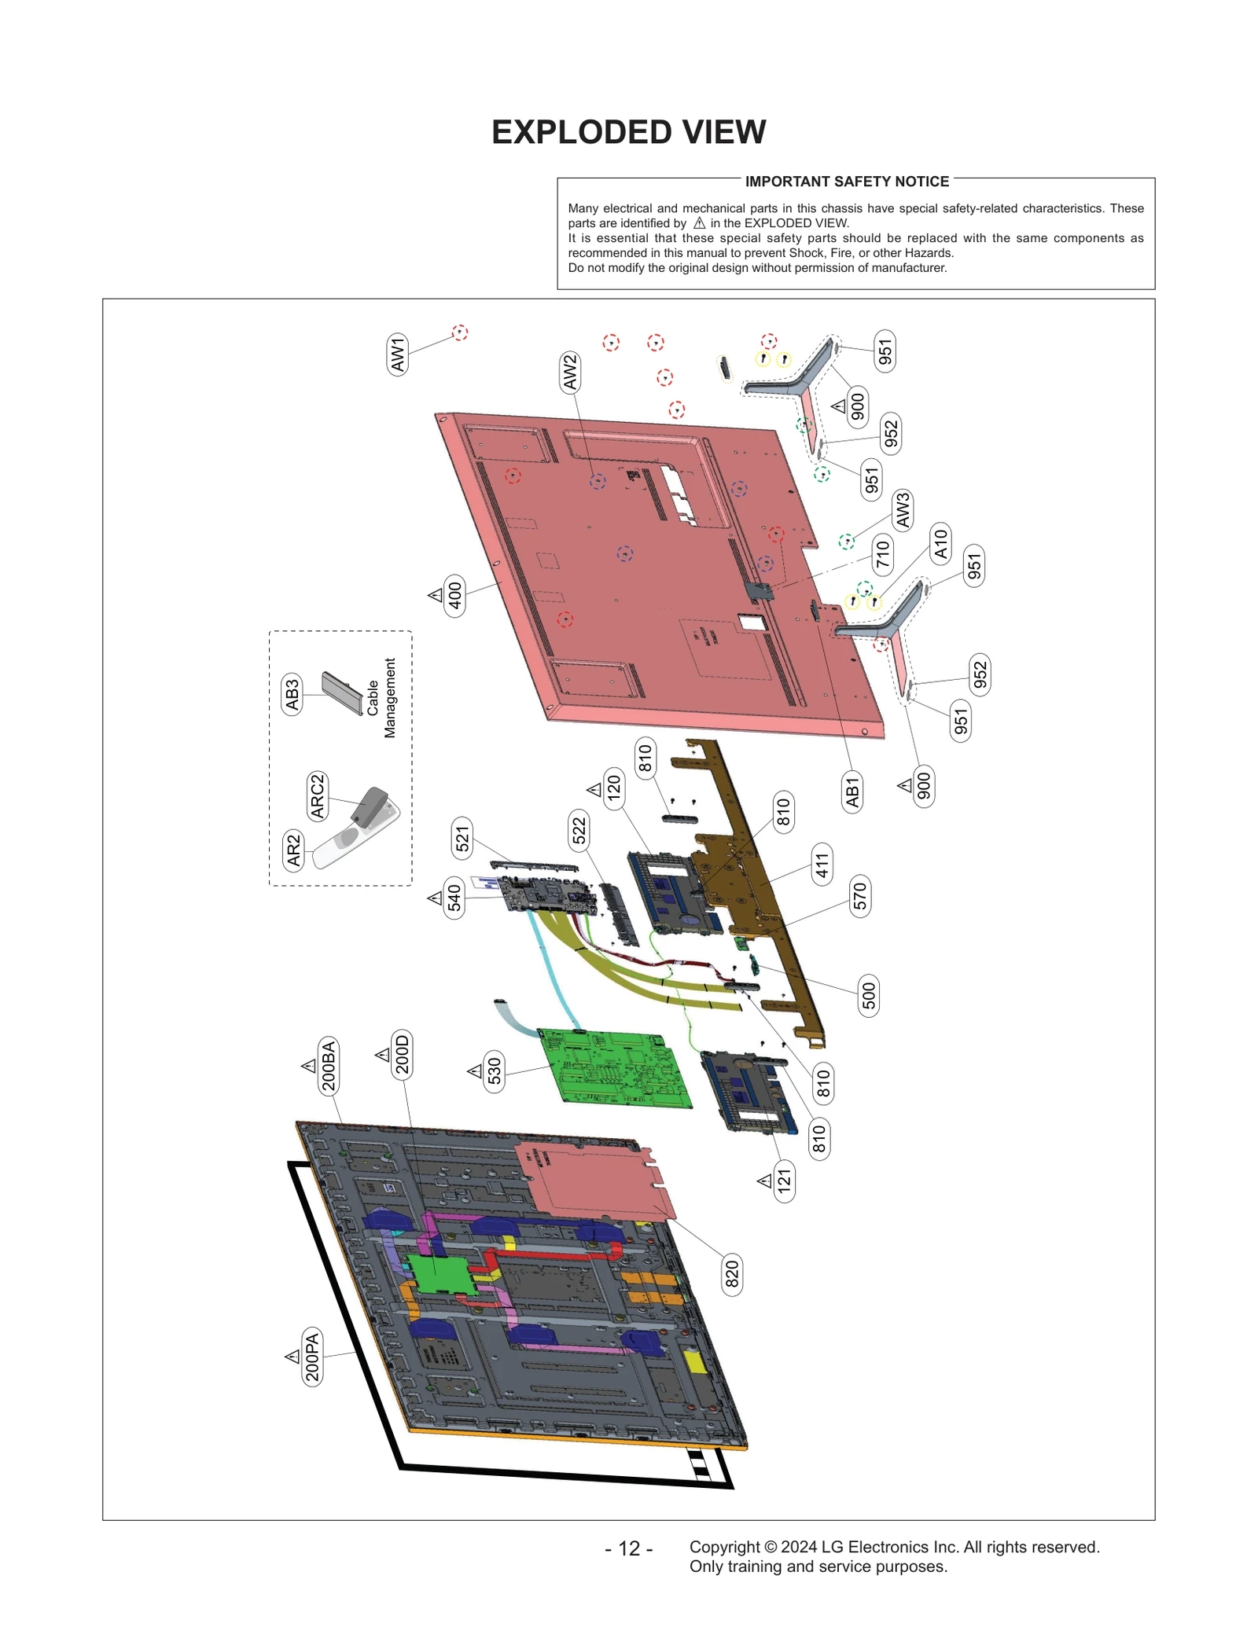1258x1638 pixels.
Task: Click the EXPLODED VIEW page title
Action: pyautogui.click(x=628, y=132)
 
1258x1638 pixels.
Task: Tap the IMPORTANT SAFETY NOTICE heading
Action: pyautogui.click(x=847, y=182)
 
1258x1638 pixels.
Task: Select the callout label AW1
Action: pyautogui.click(x=398, y=354)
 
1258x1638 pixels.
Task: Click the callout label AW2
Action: pyautogui.click(x=570, y=372)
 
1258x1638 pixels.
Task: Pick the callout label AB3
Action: pyautogui.click(x=292, y=694)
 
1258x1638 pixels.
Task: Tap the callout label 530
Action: pyautogui.click(x=494, y=1071)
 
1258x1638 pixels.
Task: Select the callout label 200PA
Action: pyautogui.click(x=313, y=1357)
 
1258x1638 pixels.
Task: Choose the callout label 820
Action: pyautogui.click(x=732, y=1274)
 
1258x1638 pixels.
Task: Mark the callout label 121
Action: pyautogui.click(x=784, y=1181)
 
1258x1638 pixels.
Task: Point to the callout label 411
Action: pyautogui.click(x=822, y=865)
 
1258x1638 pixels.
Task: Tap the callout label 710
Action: pyautogui.click(x=882, y=553)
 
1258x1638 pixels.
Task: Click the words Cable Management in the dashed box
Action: pyautogui.click(x=381, y=698)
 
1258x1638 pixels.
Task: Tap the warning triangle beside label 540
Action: pyautogui.click(x=435, y=898)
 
